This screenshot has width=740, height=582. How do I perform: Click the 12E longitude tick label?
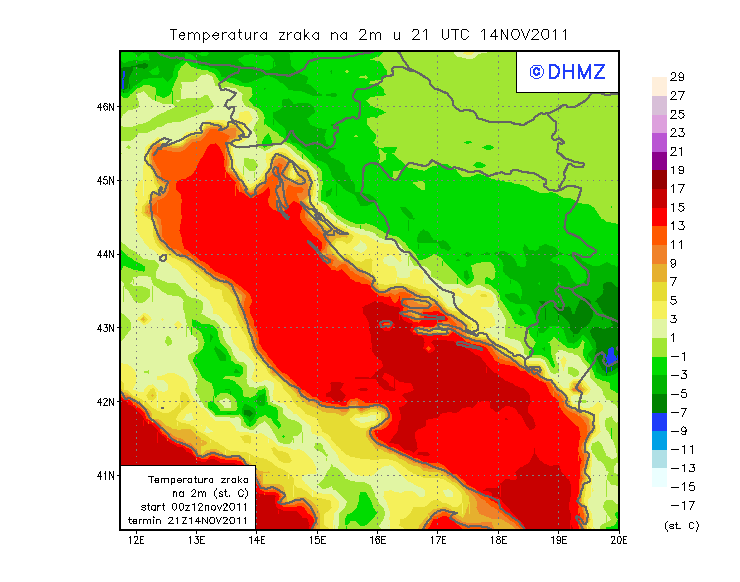coord(138,540)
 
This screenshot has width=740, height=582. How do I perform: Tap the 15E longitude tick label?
coord(318,540)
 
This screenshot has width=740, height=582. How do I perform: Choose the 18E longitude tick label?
coord(498,540)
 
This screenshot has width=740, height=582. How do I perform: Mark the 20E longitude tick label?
coord(618,540)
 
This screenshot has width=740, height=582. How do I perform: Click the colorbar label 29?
coord(677,77)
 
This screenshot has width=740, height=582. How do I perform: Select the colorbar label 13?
coord(677,226)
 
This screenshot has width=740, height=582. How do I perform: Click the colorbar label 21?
coord(677,151)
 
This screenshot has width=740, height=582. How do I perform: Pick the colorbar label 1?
coord(677,337)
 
